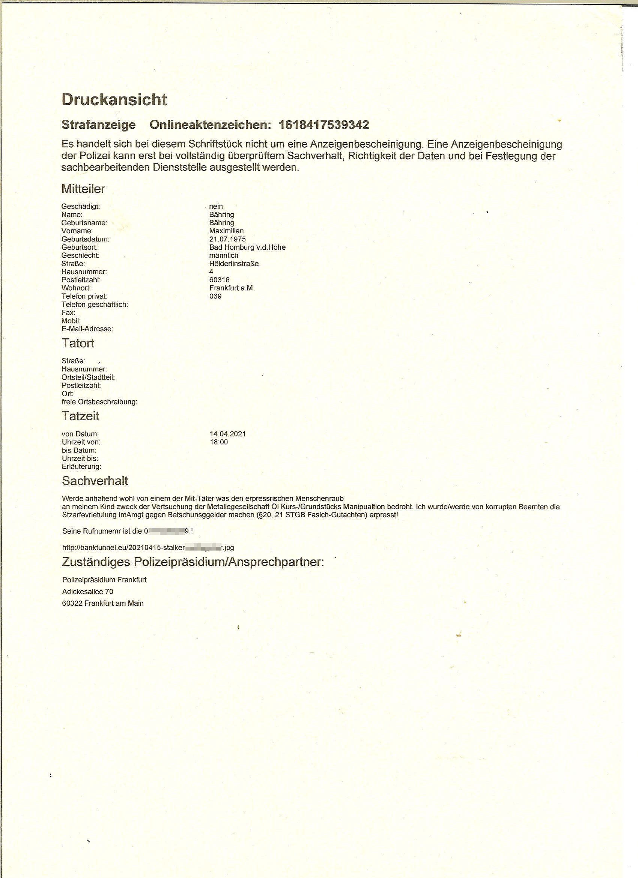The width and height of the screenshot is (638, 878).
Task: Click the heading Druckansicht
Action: tap(114, 100)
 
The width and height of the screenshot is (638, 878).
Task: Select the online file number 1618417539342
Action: tap(324, 125)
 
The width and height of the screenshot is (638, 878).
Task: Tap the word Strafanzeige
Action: tap(99, 125)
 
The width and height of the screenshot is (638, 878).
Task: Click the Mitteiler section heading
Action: tap(83, 189)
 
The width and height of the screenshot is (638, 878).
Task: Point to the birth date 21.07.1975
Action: tap(227, 239)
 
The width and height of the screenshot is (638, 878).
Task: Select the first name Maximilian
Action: tap(226, 231)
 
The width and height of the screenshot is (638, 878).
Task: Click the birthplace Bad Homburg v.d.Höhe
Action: tap(247, 247)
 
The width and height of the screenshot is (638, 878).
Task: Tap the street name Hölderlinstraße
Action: tap(234, 264)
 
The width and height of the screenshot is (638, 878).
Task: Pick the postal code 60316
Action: tap(220, 280)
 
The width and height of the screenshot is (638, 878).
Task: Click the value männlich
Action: tap(224, 255)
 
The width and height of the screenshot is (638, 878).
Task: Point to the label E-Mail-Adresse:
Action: tap(87, 329)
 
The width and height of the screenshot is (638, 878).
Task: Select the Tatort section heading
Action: tap(78, 343)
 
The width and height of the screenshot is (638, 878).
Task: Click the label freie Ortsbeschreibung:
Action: tap(99, 402)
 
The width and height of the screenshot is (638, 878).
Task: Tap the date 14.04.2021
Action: tap(227, 434)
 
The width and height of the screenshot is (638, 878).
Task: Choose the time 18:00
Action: tap(218, 442)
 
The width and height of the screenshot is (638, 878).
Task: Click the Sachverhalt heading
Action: tap(95, 481)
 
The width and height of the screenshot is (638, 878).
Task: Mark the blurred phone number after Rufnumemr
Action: tap(166, 531)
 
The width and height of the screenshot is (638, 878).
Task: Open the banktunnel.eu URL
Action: tap(148, 548)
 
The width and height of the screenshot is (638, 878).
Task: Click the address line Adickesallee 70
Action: tap(87, 591)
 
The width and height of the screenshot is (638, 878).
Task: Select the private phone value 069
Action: tap(215, 296)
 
